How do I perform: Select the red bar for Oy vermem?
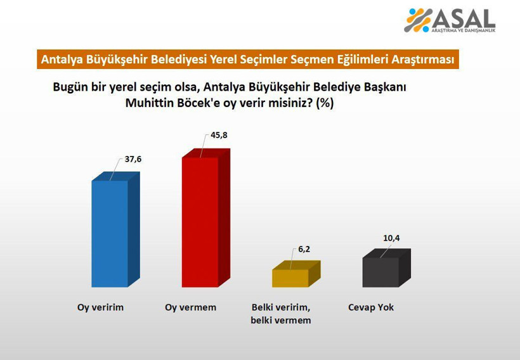pyautogui.click(x=200, y=221)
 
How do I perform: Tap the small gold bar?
pyautogui.click(x=290, y=278)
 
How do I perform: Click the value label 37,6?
pyautogui.click(x=133, y=159)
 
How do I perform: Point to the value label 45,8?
pyautogui.click(x=219, y=135)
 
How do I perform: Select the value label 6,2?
pyautogui.click(x=305, y=249)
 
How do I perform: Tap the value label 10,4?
pyautogui.click(x=392, y=238)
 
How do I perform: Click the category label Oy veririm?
pyautogui.click(x=96, y=307)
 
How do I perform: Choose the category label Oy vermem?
pyautogui.click(x=190, y=307)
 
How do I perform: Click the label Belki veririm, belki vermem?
pyautogui.click(x=281, y=314)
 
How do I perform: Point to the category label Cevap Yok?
pyautogui.click(x=371, y=307)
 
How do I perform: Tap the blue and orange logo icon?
pyautogui.click(x=419, y=20)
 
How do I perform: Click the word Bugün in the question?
pyautogui.click(x=70, y=86)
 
